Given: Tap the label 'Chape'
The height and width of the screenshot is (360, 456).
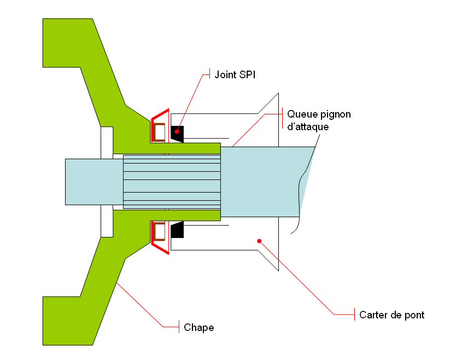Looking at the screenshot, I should point(199,328).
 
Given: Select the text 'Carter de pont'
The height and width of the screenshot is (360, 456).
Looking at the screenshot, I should point(392,315).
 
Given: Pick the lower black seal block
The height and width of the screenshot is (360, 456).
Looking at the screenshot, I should point(177,230).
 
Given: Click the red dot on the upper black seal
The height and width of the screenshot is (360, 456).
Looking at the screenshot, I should point(177,132).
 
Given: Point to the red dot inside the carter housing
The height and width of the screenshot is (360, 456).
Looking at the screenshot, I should point(259,240).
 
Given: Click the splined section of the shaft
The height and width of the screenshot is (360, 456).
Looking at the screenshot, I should point(172,182).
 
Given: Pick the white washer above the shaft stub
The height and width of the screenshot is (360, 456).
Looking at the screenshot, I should point(107,142).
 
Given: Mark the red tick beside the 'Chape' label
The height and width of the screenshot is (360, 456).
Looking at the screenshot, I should point(180,327).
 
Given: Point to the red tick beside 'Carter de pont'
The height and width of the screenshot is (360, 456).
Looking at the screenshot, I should point(355,315).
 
